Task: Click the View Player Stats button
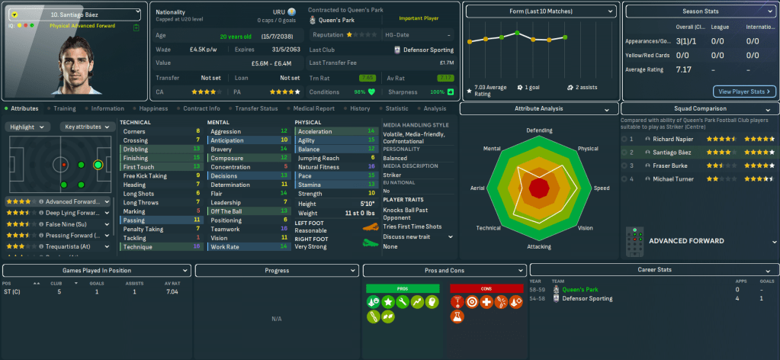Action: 744,92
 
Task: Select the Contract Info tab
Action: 201,108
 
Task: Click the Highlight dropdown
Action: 28,127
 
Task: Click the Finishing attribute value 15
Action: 198,157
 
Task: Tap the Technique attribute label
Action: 138,246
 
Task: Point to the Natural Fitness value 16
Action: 371,166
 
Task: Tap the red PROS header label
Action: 403,289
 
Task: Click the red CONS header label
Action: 486,289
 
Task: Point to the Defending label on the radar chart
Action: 539,130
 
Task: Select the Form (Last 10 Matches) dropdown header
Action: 540,11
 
